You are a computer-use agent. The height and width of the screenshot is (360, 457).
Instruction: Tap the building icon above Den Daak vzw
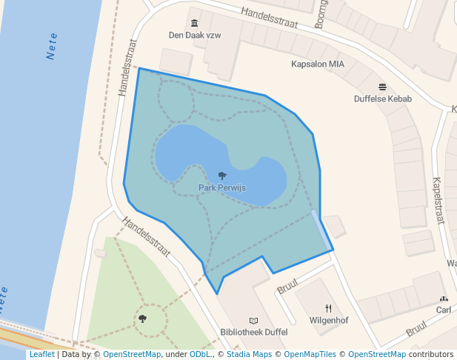pyautogui.click(x=194, y=23)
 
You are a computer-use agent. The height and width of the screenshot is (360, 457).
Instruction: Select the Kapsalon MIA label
pyautogui.click(x=318, y=64)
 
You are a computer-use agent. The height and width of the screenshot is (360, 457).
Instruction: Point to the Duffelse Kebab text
pyautogui.click(x=382, y=99)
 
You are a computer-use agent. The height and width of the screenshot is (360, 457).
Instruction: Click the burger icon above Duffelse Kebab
pyautogui.click(x=382, y=87)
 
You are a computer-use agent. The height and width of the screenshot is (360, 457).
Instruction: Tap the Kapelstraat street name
pyautogui.click(x=437, y=199)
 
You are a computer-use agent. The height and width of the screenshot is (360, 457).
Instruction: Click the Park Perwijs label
pyautogui.click(x=222, y=188)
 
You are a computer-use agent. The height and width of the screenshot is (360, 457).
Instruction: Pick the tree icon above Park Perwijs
pyautogui.click(x=222, y=176)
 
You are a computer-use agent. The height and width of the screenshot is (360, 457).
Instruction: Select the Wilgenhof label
pyautogui.click(x=329, y=321)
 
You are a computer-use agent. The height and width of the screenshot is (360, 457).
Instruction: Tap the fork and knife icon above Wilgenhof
pyautogui.click(x=329, y=308)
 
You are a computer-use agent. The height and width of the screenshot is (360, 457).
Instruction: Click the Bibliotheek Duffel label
pyautogui.click(x=254, y=333)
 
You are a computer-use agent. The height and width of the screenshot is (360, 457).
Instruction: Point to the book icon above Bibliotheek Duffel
pyautogui.click(x=254, y=321)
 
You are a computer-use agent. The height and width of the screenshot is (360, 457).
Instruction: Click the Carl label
pyautogui.click(x=444, y=310)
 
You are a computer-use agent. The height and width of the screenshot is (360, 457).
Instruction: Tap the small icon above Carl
pyautogui.click(x=444, y=299)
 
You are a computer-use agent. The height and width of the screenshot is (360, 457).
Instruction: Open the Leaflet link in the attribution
pyautogui.click(x=41, y=354)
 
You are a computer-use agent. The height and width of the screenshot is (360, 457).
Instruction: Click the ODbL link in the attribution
pyautogui.click(x=200, y=354)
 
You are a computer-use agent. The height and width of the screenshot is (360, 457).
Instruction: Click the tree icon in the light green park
pyautogui.click(x=142, y=319)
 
